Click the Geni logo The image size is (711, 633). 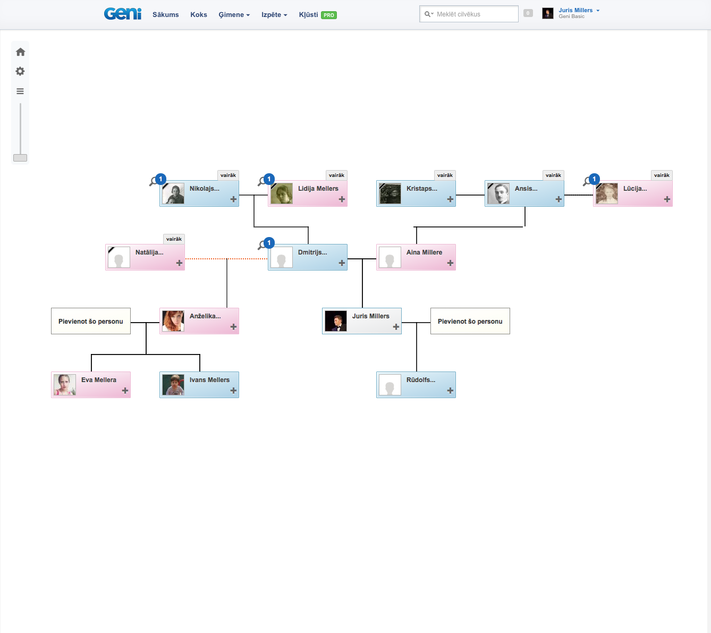click(123, 14)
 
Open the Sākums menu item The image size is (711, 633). click(165, 15)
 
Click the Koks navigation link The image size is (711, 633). click(199, 15)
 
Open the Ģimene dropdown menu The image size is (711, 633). click(234, 15)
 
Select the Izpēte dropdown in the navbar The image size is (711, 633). click(274, 15)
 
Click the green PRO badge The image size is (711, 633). click(329, 15)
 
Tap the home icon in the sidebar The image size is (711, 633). click(20, 52)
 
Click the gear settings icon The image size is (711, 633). click(20, 71)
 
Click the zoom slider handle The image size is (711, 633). click(20, 158)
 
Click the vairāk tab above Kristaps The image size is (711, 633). click(445, 175)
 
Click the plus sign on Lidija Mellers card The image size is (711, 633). click(342, 199)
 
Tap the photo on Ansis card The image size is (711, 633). click(498, 194)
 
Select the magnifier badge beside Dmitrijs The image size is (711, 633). click(266, 244)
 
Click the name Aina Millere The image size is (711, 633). click(424, 252)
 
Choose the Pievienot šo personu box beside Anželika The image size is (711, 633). click(91, 322)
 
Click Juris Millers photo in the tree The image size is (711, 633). click(336, 322)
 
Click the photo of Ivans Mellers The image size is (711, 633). click(173, 385)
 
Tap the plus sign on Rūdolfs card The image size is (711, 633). click(450, 391)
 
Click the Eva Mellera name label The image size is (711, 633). click(99, 380)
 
